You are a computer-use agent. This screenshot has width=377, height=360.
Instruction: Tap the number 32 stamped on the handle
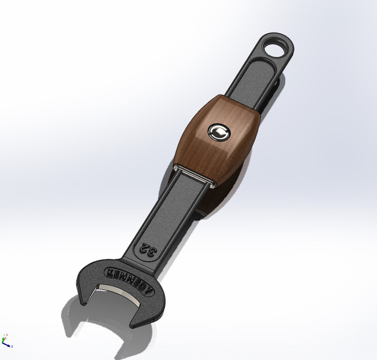(x=148, y=249)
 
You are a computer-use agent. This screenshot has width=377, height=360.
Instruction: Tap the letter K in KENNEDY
(x=109, y=272)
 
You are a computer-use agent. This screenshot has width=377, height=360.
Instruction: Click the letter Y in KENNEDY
(x=150, y=290)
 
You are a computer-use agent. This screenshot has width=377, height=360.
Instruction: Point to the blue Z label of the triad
(x=12, y=346)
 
